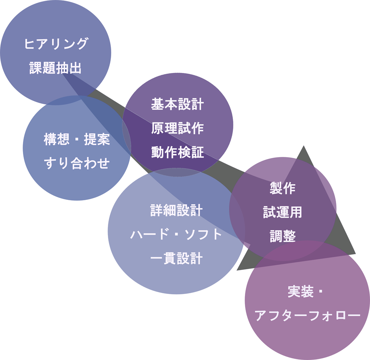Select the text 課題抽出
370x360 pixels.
(x=55, y=68)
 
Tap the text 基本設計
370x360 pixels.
(x=177, y=105)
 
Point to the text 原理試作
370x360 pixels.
(x=177, y=128)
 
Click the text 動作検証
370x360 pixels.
(x=177, y=152)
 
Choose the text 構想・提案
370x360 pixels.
(x=77, y=140)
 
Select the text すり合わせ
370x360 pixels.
(x=77, y=163)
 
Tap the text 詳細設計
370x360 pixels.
(x=176, y=211)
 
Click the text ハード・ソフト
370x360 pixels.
(x=176, y=235)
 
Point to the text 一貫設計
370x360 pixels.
(x=176, y=259)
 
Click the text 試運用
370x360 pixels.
(x=283, y=212)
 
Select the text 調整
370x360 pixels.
(x=283, y=236)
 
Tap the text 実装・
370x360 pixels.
(x=305, y=293)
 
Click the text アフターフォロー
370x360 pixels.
(x=307, y=316)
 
